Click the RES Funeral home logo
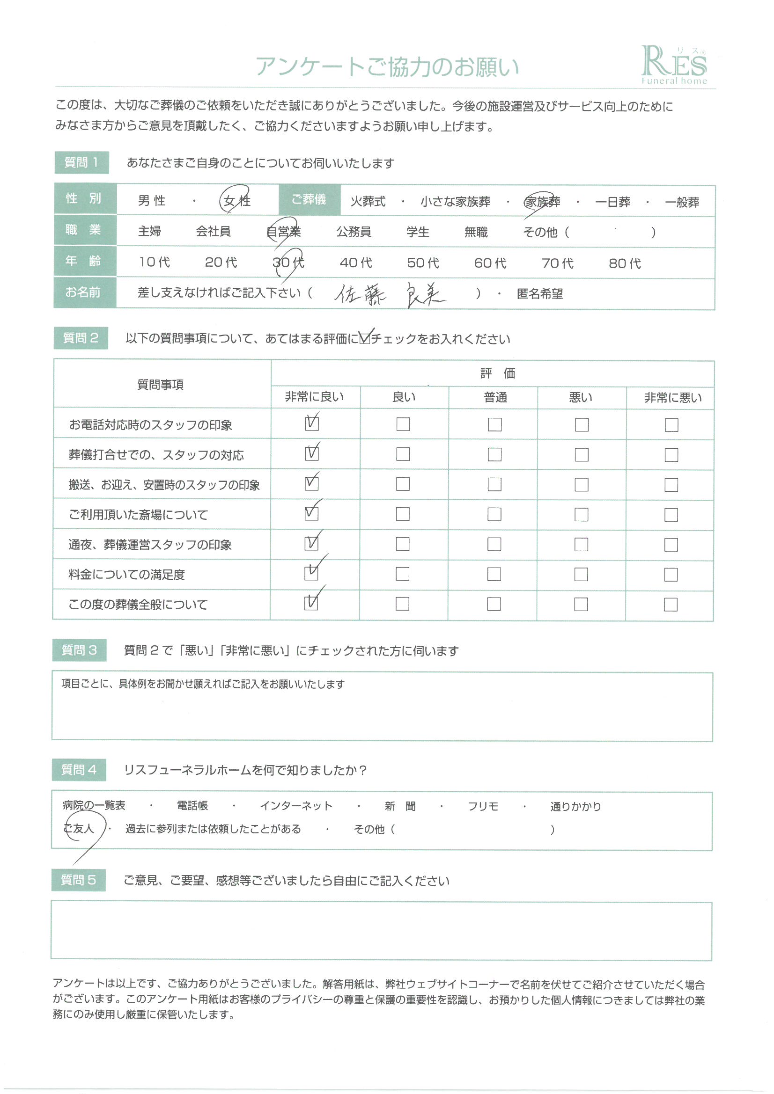point(673,66)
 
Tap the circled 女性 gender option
point(236,201)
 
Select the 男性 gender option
point(152,201)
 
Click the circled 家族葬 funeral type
point(542,202)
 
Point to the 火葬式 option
point(368,202)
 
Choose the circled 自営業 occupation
point(283,232)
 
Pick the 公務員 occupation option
point(354,232)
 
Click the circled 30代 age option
point(288,262)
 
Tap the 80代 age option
point(624,263)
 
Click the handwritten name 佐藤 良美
point(390,295)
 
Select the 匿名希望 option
point(539,294)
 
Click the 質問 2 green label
point(81,338)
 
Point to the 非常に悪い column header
point(672,398)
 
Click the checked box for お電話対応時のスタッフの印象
point(311,423)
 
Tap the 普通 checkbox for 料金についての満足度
point(494,574)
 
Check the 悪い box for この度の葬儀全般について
point(581,604)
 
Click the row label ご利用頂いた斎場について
point(138,515)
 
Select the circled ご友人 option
point(80,829)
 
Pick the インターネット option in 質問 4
point(295,806)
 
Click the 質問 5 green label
point(78,880)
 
